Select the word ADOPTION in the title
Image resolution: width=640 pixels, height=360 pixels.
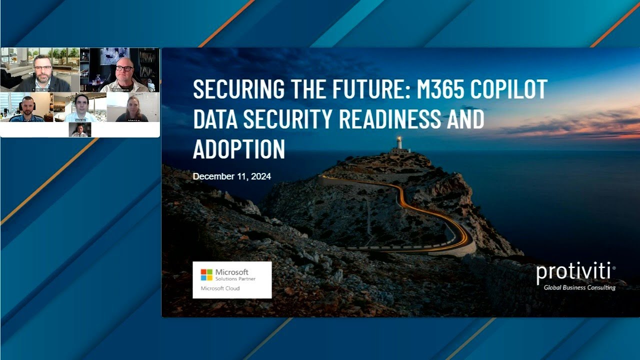239,148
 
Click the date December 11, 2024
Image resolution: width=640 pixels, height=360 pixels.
232,176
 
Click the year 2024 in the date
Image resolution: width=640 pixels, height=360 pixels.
261,176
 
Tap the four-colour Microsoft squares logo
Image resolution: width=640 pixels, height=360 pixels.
206,274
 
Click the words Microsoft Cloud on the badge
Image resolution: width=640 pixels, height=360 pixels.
220,288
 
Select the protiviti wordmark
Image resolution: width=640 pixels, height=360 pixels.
573,272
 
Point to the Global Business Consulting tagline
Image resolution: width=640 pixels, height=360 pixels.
579,287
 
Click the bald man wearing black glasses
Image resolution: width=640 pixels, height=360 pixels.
124,72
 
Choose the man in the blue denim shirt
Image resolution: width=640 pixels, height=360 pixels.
27,108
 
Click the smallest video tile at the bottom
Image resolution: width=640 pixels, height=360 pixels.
80,130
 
